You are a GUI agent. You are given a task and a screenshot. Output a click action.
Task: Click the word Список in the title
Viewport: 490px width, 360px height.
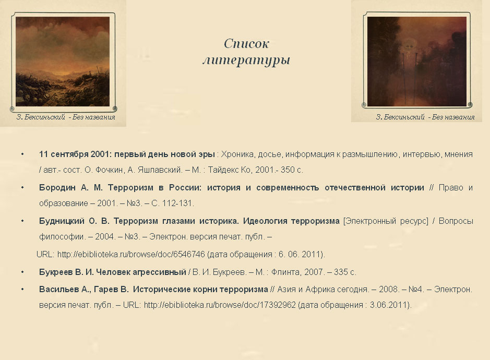246,43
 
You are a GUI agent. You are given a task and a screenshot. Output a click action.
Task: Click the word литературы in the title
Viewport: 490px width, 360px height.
246,60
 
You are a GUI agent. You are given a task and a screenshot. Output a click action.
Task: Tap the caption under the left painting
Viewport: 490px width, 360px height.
66,117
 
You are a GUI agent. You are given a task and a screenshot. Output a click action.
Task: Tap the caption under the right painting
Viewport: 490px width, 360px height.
425,117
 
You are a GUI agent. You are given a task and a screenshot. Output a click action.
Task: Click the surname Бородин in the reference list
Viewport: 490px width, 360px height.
57,187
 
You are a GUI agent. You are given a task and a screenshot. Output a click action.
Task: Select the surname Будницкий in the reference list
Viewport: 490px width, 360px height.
62,221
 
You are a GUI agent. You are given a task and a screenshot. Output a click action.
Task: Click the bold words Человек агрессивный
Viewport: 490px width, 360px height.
141,272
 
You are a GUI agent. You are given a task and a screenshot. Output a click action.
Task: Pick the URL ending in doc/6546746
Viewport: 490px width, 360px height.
131,255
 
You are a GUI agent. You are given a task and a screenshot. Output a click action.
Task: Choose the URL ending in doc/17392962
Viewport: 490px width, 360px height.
220,305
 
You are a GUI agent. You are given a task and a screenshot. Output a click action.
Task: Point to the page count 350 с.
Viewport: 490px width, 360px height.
292,170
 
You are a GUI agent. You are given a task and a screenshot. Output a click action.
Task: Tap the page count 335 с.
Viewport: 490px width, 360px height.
345,272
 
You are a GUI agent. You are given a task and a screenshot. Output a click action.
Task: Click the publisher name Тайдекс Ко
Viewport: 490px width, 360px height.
229,170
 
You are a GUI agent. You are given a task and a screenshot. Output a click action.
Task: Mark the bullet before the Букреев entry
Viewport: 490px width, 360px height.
22,272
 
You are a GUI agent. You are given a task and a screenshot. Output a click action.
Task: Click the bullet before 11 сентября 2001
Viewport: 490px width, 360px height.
22,154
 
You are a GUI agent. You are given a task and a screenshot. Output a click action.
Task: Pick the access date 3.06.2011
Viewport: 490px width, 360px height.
389,305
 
